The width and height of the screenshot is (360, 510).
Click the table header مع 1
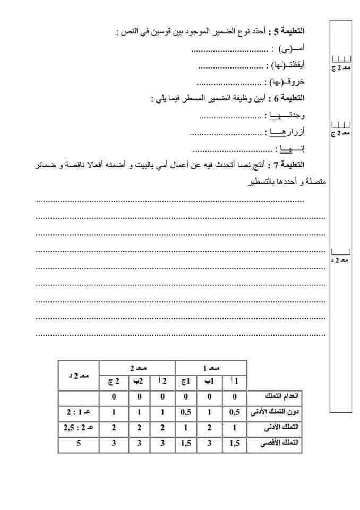(x=211, y=367)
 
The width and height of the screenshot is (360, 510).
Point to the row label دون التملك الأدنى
(x=274, y=412)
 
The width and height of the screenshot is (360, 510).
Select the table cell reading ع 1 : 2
(x=79, y=412)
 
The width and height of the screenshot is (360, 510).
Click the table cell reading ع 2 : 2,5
(x=79, y=427)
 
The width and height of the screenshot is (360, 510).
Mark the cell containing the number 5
(x=79, y=442)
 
